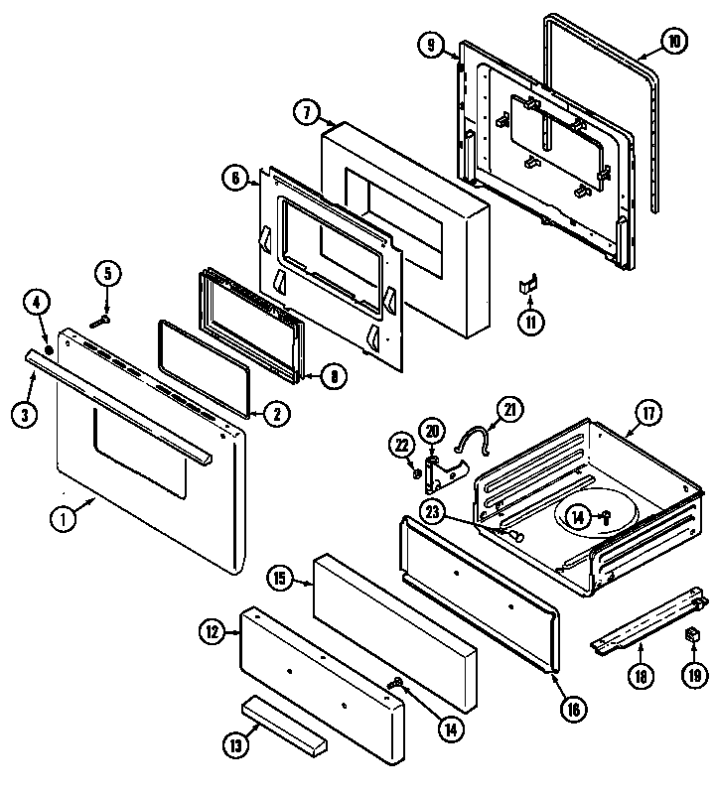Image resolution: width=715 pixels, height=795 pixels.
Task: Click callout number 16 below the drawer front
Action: pos(572,709)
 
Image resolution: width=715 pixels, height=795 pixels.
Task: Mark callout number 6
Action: pos(234,179)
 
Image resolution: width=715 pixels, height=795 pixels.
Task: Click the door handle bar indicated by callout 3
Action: pos(119,409)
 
